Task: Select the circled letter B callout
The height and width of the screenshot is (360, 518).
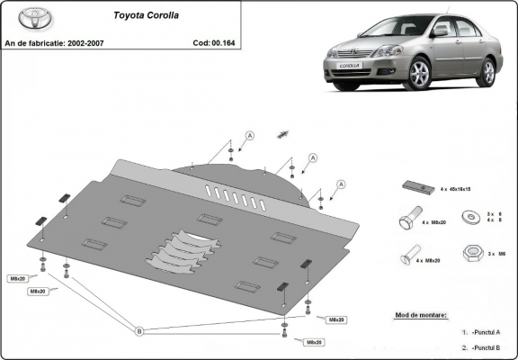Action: tap(138, 331)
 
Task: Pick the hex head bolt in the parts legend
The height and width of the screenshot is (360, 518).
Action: tap(406, 220)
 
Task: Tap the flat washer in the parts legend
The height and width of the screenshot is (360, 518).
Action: tap(471, 216)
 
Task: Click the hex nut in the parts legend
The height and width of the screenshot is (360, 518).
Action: tap(471, 253)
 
